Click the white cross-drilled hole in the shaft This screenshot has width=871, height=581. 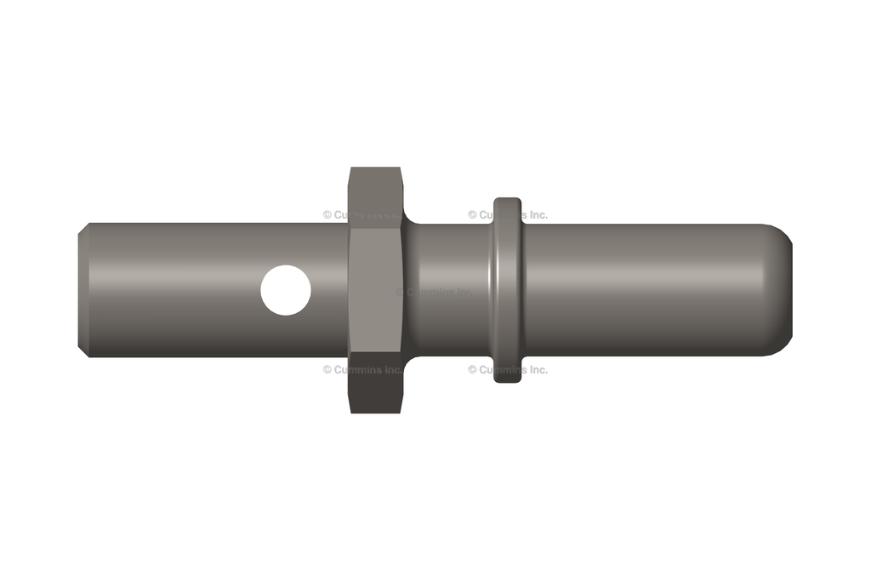[x=286, y=290]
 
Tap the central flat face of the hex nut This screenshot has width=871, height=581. [x=375, y=289]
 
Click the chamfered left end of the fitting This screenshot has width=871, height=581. [x=83, y=289]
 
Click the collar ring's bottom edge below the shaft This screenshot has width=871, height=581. [x=508, y=374]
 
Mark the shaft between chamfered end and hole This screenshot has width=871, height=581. [x=170, y=289]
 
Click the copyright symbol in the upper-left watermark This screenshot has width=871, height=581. [x=327, y=215]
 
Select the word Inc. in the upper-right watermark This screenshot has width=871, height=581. [x=536, y=215]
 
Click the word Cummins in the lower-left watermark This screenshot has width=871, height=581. [x=358, y=370]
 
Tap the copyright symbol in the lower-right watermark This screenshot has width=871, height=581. [x=472, y=370]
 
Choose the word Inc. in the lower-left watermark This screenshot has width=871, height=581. [x=393, y=370]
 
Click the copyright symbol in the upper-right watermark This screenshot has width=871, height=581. [x=472, y=215]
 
